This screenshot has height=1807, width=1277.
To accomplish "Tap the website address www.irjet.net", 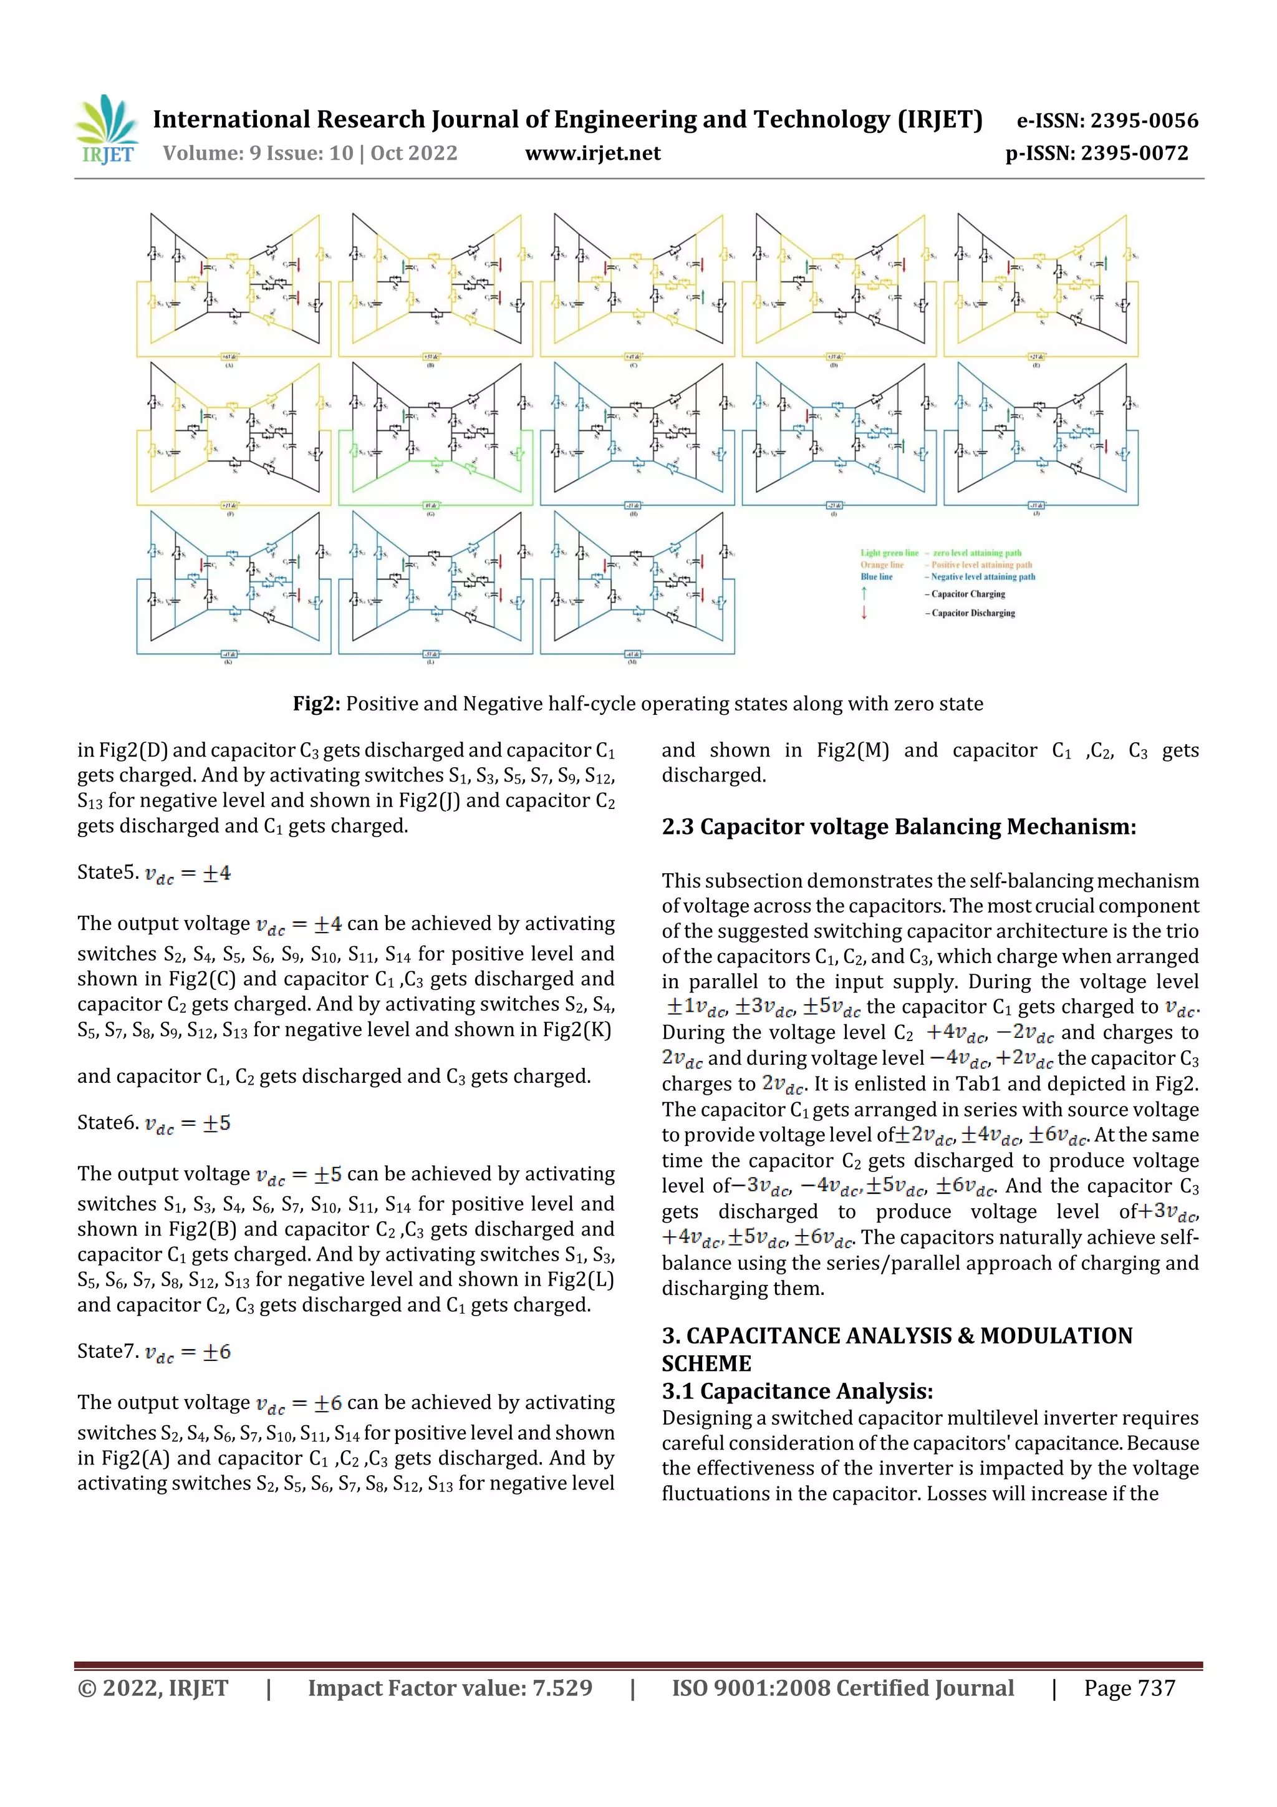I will click(592, 153).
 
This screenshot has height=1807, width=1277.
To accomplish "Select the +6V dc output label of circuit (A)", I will click(229, 357).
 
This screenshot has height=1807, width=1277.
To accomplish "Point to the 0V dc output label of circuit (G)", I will click(430, 505).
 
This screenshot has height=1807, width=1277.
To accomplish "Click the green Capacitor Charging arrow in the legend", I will click(864, 593).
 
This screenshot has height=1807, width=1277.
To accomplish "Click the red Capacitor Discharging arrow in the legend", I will click(864, 613).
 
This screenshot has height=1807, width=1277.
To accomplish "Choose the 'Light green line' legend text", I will click(889, 553).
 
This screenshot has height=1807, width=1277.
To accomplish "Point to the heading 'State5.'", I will click(108, 872).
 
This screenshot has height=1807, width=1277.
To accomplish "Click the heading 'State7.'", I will click(108, 1351).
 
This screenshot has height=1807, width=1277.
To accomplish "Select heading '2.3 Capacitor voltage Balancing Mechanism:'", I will click(899, 827).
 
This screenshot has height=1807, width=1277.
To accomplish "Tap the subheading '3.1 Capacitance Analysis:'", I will click(797, 1392).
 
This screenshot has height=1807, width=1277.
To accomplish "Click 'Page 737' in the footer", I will click(1129, 1688).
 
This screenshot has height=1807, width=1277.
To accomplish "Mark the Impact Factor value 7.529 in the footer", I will click(562, 1688).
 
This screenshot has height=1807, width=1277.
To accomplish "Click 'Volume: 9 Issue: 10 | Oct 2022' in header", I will click(310, 153).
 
